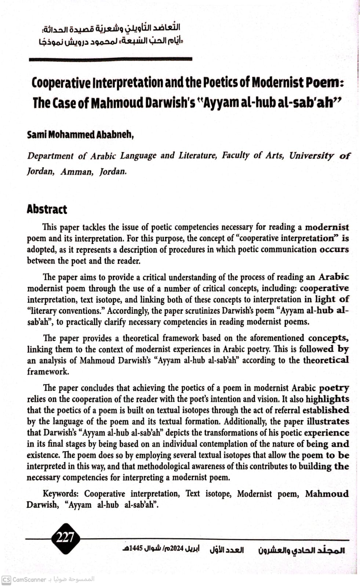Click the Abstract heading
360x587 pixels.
click(47, 209)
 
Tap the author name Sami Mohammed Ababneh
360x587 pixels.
click(80, 135)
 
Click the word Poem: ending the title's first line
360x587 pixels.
click(325, 83)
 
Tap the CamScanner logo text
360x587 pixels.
click(29, 580)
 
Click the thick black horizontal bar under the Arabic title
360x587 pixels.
click(110, 59)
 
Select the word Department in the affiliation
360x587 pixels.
click(50, 156)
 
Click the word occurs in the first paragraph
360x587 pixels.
click(334, 249)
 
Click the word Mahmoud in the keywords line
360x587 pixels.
click(327, 493)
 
